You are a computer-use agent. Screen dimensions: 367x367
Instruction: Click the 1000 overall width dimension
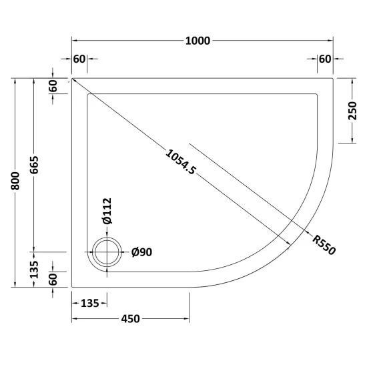[198, 41]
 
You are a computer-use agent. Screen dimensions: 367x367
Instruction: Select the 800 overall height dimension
[15, 181]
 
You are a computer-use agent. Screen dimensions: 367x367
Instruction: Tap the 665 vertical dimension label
[34, 165]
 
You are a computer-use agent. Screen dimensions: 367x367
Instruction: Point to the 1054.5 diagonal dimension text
[180, 162]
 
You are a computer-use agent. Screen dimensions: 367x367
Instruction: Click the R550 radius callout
[324, 245]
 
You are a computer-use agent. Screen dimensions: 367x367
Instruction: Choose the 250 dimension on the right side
[352, 111]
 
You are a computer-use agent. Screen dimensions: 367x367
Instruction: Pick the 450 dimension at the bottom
[130, 318]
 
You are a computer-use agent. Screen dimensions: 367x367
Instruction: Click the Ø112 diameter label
[107, 211]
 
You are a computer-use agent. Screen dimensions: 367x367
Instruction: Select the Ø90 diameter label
[142, 252]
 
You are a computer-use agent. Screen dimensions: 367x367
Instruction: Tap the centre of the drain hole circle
[107, 252]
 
